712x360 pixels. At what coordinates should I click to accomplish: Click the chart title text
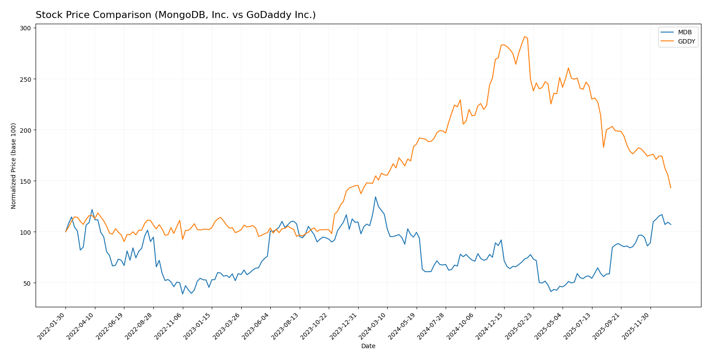175,15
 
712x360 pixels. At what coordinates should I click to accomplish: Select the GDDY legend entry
686,42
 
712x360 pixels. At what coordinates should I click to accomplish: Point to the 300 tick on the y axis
25,28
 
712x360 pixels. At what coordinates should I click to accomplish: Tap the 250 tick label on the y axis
25,79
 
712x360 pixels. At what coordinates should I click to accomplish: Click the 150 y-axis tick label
25,181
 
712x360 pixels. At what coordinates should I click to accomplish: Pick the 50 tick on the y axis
27,283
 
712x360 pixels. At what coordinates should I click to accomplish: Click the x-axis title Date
368,346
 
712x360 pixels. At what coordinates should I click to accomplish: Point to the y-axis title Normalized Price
14,166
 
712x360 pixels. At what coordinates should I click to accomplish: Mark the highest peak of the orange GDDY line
524,36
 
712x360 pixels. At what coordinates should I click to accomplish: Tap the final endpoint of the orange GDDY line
671,188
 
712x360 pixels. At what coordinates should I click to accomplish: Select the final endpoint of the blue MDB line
671,225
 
